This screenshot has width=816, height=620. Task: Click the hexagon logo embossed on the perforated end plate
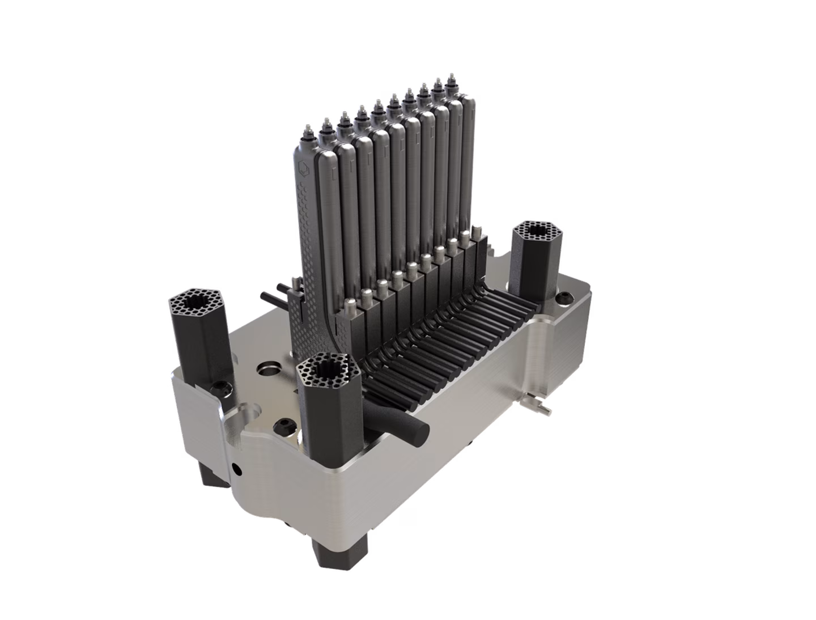(x=304, y=168)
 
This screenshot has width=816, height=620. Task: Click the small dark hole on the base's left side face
(x=236, y=469)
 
